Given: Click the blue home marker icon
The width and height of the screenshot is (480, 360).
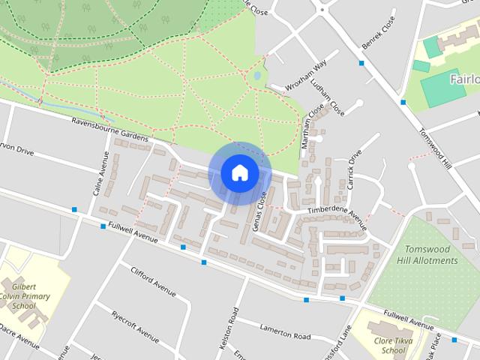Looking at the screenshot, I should pyautogui.click(x=239, y=173).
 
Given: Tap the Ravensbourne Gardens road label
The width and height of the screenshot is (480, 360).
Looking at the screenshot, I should pyautogui.click(x=112, y=130).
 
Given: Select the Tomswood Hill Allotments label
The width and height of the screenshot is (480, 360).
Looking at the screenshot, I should pyautogui.click(x=430, y=255).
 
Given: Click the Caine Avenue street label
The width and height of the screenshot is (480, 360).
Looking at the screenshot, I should pyautogui.click(x=100, y=172).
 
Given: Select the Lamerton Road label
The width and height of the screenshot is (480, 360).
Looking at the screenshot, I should pyautogui.click(x=284, y=331).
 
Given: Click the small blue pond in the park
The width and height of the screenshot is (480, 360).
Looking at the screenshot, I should pyautogui.click(x=258, y=76).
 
